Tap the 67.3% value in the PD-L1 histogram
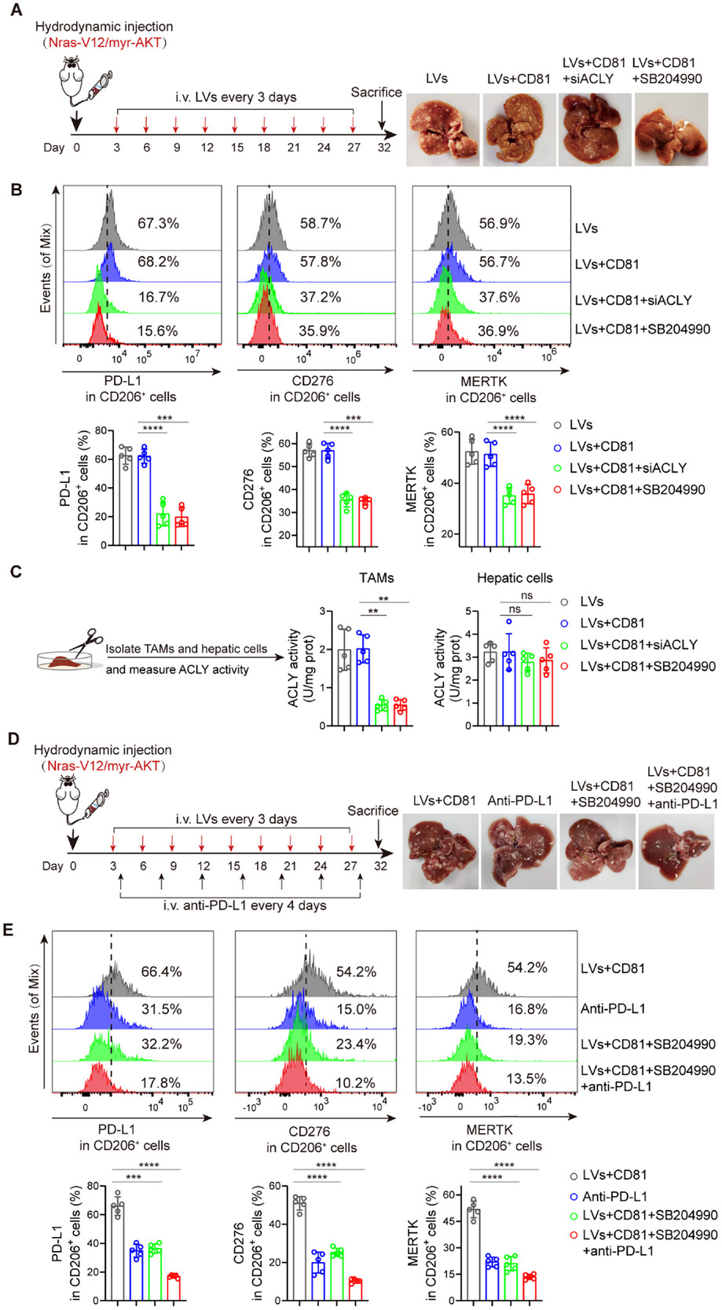(158, 224)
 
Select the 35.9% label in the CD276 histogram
(319, 331)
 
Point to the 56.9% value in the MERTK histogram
(499, 224)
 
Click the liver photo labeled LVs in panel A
(443, 130)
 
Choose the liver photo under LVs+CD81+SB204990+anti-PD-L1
(676, 852)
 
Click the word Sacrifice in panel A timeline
(376, 93)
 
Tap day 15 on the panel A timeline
(236, 148)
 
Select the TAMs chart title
(376, 579)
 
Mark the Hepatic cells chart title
(515, 579)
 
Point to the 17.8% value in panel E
(160, 1084)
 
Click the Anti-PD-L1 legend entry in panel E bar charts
(614, 1197)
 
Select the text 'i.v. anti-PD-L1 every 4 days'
(244, 906)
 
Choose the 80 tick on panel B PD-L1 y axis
(101, 431)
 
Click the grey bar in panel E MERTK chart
(474, 1256)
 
